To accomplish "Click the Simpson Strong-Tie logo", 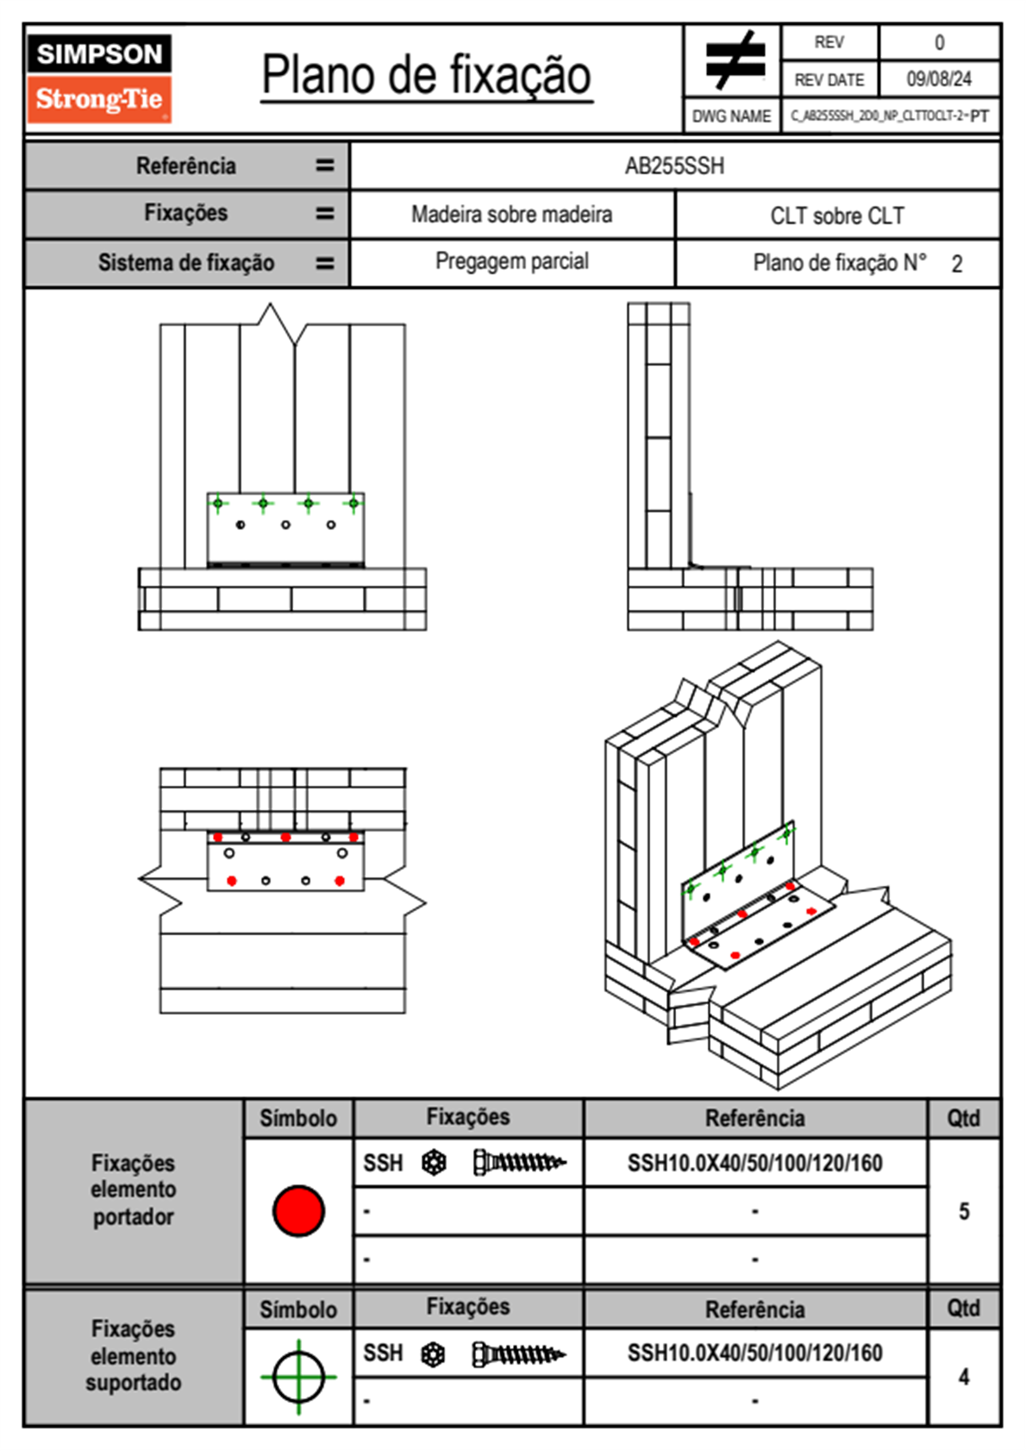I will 99,79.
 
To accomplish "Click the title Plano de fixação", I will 426,75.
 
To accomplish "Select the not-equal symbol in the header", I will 734,60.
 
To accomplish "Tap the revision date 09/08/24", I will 938,79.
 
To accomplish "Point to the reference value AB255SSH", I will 674,166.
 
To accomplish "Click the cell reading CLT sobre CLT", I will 836,216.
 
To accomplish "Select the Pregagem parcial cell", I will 511,261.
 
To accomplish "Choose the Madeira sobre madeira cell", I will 511,215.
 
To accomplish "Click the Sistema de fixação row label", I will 186,263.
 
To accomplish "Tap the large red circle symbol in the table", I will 298,1210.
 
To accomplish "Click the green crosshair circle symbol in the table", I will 298,1377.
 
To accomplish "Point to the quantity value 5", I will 963,1211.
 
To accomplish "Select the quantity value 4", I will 963,1377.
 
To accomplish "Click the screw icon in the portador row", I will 519,1163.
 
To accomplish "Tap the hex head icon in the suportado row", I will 433,1354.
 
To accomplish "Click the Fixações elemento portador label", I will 134,1190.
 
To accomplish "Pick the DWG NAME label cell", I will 731,116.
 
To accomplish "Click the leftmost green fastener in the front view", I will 218,503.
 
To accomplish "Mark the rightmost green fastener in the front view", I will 353,503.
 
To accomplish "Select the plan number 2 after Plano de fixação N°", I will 956,264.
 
